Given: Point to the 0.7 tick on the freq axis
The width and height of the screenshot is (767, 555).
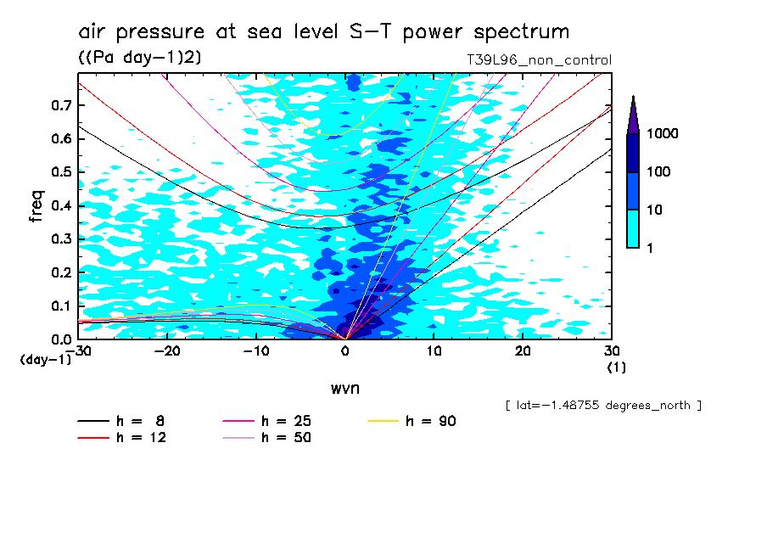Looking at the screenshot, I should (x=59, y=105).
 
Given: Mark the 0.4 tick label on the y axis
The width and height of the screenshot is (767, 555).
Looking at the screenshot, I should (x=59, y=206).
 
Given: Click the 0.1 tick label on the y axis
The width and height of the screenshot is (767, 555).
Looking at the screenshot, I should (x=59, y=306).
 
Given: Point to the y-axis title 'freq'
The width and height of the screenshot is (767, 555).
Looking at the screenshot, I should (x=36, y=206).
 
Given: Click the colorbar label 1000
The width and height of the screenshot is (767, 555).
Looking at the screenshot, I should (x=662, y=134).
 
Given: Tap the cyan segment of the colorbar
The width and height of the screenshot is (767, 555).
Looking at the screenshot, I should (x=632, y=228).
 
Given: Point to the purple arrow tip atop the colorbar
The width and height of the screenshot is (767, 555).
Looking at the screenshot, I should (x=632, y=106).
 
